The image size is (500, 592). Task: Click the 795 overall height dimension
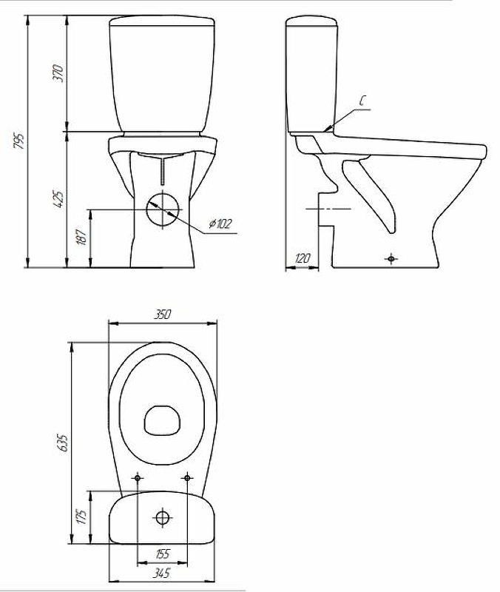tap(19, 141)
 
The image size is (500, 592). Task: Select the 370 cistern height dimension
tap(58, 73)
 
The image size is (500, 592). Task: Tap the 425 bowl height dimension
tap(58, 199)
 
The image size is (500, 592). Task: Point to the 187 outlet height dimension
tap(82, 236)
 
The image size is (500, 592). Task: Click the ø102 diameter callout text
tap(220, 224)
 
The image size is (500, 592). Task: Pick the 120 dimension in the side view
tap(303, 258)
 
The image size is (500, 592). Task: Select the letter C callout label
tap(362, 101)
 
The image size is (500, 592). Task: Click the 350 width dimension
tap(163, 314)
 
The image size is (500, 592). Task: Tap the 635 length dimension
tap(63, 443)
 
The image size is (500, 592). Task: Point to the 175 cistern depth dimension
tap(82, 517)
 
